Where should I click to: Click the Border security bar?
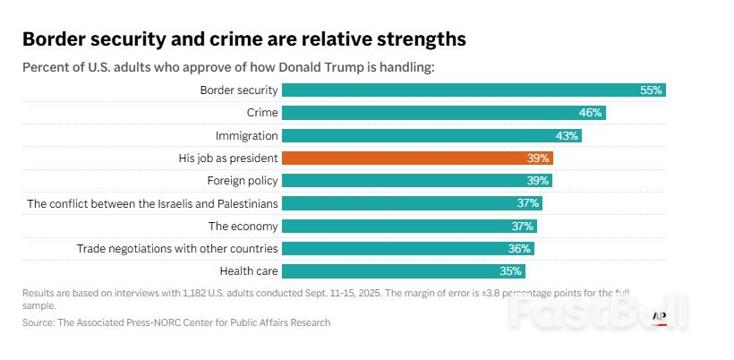pyautogui.click(x=474, y=90)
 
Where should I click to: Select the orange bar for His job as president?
pyautogui.click(x=417, y=158)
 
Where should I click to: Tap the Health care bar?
pyautogui.click(x=403, y=270)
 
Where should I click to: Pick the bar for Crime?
pyautogui.click(x=444, y=113)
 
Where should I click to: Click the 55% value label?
pyautogui.click(x=651, y=90)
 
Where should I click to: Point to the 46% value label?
pyautogui.click(x=590, y=113)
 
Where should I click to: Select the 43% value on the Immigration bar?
pyautogui.click(x=567, y=135)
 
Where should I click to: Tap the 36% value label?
pyautogui.click(x=520, y=248)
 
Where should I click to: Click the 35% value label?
pyautogui.click(x=511, y=270)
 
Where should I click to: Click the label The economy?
pyautogui.click(x=243, y=226)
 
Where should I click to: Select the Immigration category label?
pyautogui.click(x=246, y=135)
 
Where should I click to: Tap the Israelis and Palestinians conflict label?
pyautogui.click(x=152, y=203)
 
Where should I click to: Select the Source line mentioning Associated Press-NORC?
pyautogui.click(x=176, y=322)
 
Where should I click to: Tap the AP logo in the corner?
pyautogui.click(x=660, y=316)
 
